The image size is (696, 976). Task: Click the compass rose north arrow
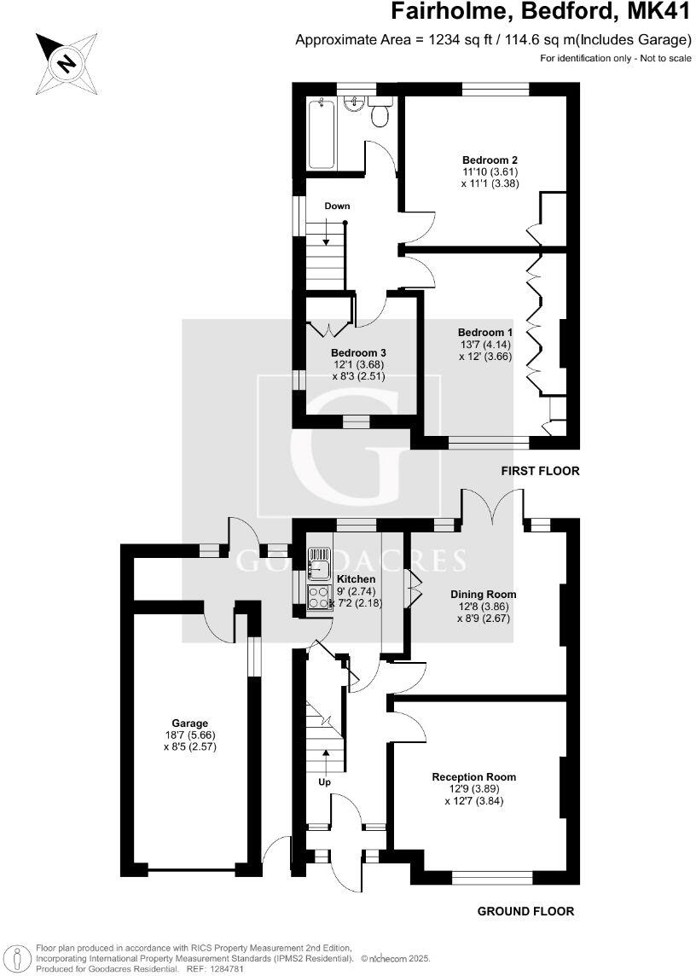[66, 62]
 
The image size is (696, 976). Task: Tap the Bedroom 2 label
[490, 160]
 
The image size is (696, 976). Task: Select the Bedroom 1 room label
[485, 333]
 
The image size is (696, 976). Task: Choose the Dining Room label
[484, 595]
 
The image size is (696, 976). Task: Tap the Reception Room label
[473, 777]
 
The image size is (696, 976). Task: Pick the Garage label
[189, 723]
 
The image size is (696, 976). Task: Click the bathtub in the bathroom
[322, 134]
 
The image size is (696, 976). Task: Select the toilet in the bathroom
[380, 111]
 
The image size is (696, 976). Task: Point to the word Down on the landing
[337, 206]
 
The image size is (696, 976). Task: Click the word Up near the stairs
[324, 782]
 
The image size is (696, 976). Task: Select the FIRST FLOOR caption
[540, 471]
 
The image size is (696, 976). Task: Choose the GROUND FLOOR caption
[525, 911]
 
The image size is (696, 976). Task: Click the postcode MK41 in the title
[659, 12]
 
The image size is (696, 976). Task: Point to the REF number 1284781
[229, 969]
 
